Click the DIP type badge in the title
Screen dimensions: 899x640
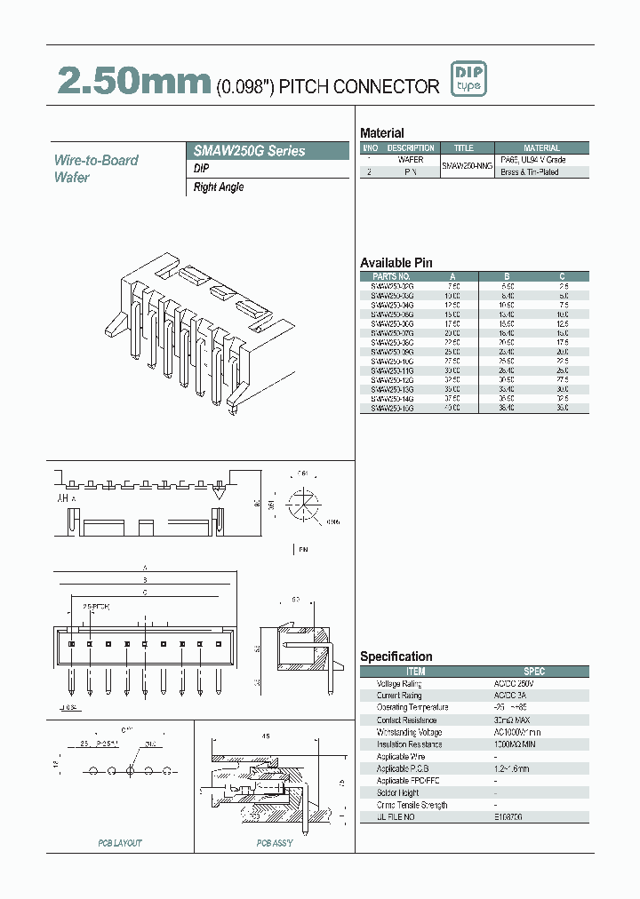468,80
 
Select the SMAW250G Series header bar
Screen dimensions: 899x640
270,151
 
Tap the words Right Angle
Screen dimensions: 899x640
219,187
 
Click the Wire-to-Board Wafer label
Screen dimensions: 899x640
96,169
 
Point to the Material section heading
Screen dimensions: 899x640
381,132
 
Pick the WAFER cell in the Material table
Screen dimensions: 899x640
410,160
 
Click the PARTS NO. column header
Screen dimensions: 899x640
391,276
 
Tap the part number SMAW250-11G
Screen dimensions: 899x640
391,369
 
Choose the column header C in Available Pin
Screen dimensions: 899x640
562,276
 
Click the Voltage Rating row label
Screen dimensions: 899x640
399,684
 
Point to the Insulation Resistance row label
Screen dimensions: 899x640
410,744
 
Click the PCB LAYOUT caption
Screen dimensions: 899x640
119,843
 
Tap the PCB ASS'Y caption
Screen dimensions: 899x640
275,843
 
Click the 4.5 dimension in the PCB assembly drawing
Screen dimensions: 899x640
265,736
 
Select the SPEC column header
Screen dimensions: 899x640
534,672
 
